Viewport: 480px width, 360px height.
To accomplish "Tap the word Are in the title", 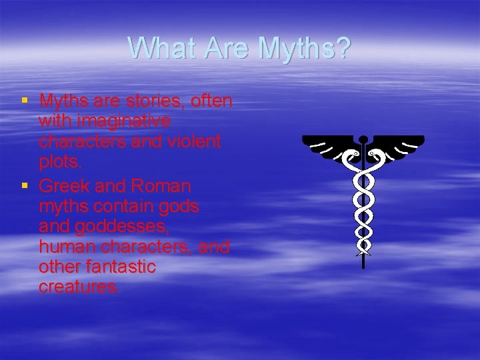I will pos(225,48).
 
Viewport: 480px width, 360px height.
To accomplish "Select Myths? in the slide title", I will pos(304,49).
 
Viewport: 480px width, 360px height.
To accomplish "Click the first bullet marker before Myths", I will pos(25,101).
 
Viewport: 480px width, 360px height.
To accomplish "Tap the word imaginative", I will pos(105,122).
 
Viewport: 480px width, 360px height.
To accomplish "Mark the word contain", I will pos(124,205).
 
